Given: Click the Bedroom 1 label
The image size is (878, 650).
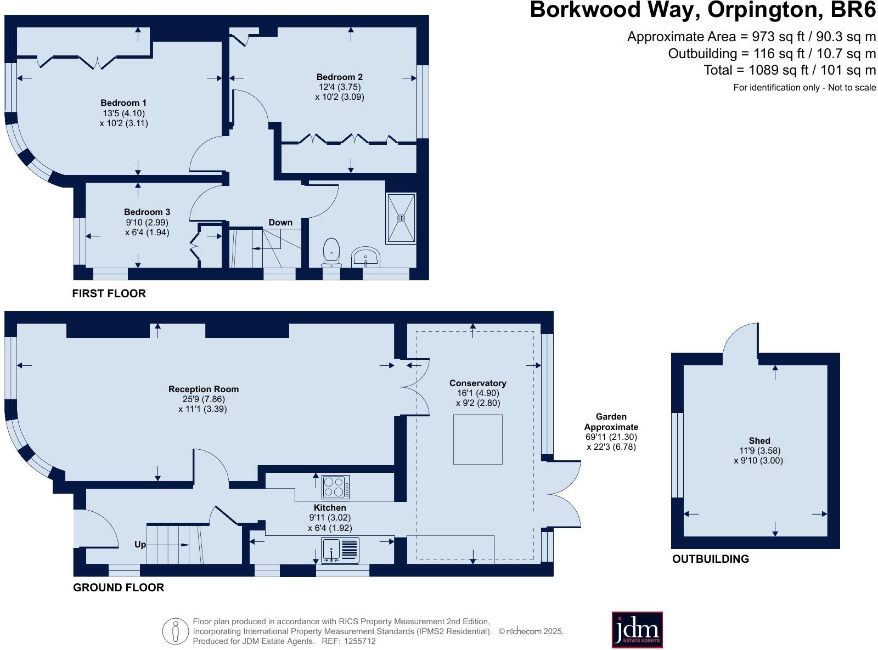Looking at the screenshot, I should (123, 103).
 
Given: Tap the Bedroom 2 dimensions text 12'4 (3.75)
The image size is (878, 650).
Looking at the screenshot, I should (339, 87).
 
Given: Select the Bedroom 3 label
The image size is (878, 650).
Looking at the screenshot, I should (147, 212).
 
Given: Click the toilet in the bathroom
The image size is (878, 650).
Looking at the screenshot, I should (331, 253).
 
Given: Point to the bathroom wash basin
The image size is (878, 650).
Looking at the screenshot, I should (365, 257).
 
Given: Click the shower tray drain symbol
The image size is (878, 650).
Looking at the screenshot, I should (401, 218).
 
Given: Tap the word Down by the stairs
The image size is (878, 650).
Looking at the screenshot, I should (280, 222).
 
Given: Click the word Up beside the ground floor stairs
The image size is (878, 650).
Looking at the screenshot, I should (140, 545).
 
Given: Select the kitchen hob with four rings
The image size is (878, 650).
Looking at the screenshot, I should (336, 487).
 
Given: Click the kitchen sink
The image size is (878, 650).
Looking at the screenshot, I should (340, 550).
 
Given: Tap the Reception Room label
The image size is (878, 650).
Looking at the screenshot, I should (203, 389).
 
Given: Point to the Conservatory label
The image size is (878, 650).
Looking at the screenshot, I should (477, 383).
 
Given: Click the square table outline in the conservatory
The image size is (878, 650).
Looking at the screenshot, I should (477, 439).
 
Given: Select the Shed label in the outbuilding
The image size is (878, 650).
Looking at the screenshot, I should (759, 440).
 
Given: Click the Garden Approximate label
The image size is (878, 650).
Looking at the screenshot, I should (611, 422).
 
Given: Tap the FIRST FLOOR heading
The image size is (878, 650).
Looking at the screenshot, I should (109, 293).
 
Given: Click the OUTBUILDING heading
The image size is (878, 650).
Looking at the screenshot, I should (710, 559).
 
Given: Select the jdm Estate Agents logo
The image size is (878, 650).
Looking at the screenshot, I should (637, 629).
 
